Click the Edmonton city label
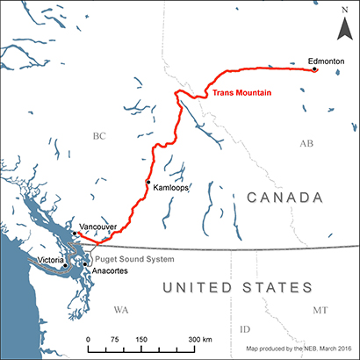(326, 61)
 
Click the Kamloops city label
(169, 188)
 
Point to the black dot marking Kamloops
(148, 181)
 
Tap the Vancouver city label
(98, 227)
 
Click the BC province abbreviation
(98, 136)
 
